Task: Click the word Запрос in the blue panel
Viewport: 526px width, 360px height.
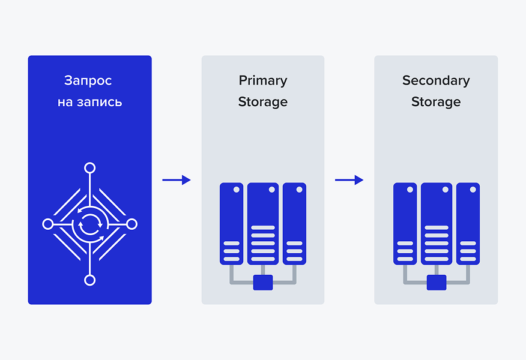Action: (x=88, y=80)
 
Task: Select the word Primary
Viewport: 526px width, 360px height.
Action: (x=263, y=80)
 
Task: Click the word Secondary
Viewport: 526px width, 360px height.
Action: (x=436, y=80)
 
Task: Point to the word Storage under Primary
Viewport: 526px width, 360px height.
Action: (x=263, y=102)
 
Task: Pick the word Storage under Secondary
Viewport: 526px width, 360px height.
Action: (x=436, y=102)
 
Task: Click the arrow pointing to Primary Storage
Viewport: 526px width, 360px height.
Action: (x=177, y=180)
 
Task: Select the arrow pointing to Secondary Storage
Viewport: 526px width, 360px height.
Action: (x=349, y=180)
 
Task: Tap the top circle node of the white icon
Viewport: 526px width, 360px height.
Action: (x=89, y=168)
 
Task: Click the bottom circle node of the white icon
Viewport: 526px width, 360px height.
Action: (x=89, y=280)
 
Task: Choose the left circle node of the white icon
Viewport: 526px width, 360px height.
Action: (x=48, y=224)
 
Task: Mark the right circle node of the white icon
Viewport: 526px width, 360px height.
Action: (x=132, y=224)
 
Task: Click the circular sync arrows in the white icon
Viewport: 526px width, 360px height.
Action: (x=90, y=224)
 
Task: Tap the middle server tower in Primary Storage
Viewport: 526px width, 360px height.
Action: (x=263, y=223)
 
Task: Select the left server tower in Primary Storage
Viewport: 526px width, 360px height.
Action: (x=231, y=223)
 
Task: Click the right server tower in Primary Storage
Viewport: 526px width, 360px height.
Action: (x=294, y=223)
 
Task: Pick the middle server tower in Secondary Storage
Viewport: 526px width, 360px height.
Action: (x=437, y=223)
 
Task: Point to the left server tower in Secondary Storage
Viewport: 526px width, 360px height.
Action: (x=405, y=223)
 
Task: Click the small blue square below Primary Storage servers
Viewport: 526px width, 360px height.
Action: (x=263, y=282)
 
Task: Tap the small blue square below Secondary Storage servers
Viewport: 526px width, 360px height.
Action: (x=437, y=282)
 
